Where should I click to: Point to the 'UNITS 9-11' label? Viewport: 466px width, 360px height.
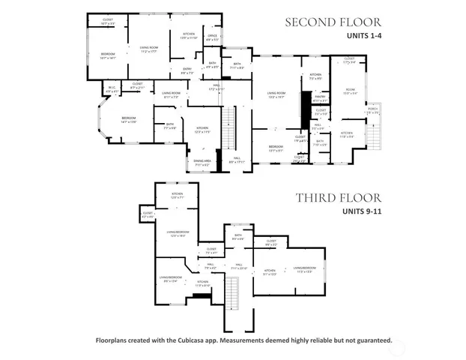[x=363, y=211]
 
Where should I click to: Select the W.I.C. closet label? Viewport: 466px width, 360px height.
[x=112, y=91]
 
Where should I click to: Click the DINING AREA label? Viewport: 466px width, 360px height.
[x=202, y=163]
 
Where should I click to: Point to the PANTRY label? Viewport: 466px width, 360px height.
[x=320, y=97]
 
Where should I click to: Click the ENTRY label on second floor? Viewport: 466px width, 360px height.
[x=187, y=72]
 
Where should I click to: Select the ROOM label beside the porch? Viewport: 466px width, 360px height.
[x=349, y=91]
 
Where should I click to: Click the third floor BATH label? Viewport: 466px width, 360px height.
[x=238, y=237]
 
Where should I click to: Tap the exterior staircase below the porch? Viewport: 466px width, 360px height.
[x=374, y=131]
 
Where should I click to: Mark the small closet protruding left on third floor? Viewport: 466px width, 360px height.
[x=146, y=216]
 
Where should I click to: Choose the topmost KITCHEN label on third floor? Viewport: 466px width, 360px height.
[x=177, y=195]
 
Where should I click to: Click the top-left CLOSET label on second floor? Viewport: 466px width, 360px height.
[x=107, y=22]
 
